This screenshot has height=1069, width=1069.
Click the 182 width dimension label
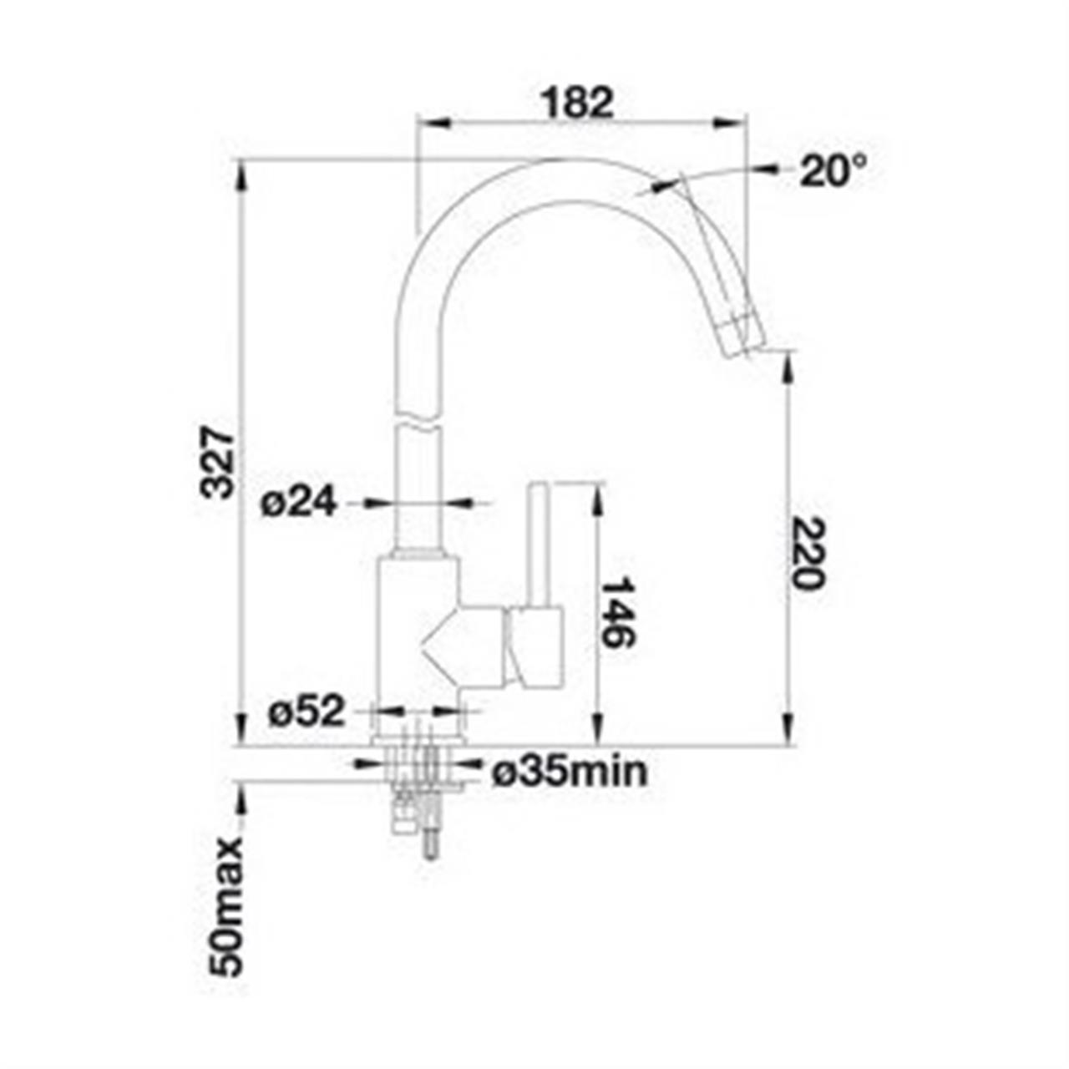tap(577, 103)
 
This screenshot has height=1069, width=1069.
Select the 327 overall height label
tap(219, 463)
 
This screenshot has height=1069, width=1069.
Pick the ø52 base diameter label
tap(306, 712)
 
